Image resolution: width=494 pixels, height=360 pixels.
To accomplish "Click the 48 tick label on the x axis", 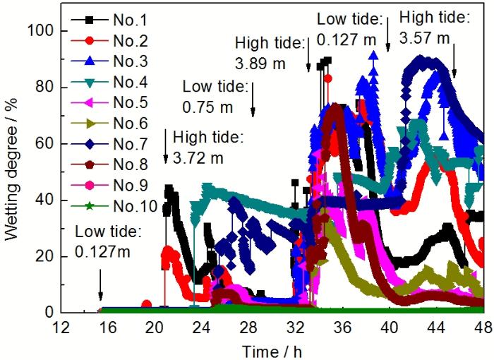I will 483,328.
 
